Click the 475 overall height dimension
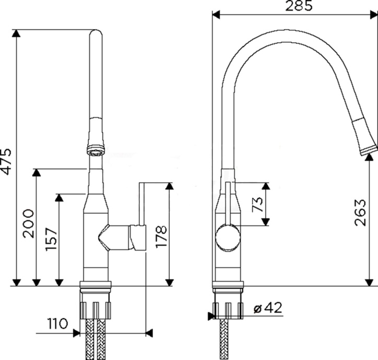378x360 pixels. click(x=5, y=161)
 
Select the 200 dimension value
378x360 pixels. click(x=28, y=224)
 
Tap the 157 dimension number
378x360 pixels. click(x=52, y=239)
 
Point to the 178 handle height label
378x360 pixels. click(x=161, y=236)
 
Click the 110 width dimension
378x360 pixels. click(x=57, y=323)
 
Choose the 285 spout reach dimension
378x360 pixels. click(x=299, y=6)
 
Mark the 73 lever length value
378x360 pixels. click(x=257, y=204)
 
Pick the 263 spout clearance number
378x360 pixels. click(x=360, y=212)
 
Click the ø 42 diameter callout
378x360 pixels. click(x=268, y=308)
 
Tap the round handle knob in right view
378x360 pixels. click(x=228, y=237)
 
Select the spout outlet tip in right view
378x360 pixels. click(x=368, y=150)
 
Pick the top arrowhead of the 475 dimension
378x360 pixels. click(x=16, y=33)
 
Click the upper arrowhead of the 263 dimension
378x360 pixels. click(x=370, y=158)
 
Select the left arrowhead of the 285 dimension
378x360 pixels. click(x=216, y=15)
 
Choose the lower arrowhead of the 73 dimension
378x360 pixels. click(x=265, y=221)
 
